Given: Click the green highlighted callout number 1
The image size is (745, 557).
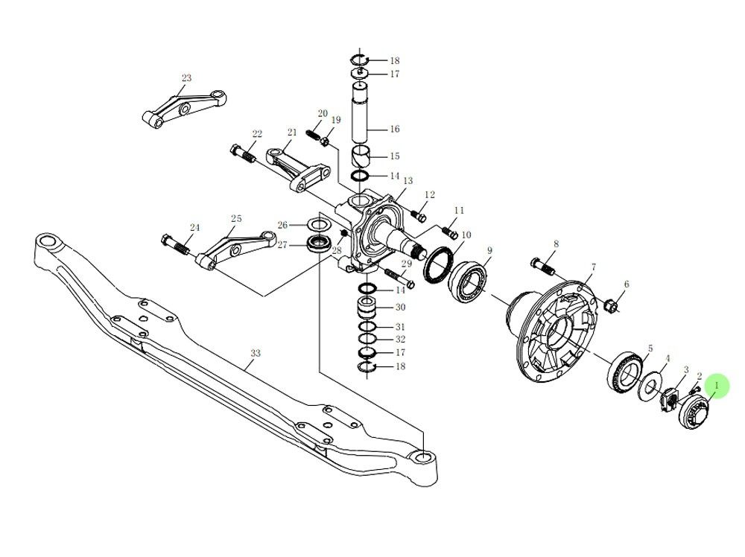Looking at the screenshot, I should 717,386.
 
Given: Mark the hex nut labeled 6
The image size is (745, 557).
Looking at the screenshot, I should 608,305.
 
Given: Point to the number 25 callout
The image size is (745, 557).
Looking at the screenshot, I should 235,219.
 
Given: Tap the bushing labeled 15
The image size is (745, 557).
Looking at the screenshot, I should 363,157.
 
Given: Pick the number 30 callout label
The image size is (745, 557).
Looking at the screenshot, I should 400,308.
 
